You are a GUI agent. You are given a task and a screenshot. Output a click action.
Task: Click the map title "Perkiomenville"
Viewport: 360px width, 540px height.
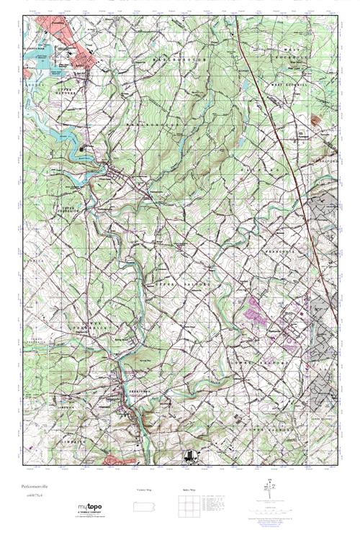click(x=42, y=487)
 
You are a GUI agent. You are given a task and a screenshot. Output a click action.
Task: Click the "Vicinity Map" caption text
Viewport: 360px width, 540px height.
click(x=144, y=490)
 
